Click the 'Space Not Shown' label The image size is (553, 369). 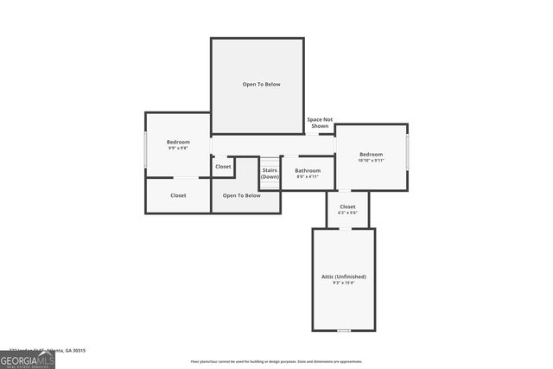coord(320,122)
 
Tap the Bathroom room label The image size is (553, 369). coord(308,170)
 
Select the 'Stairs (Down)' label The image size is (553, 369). coord(270,173)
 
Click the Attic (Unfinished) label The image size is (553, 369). coord(343,277)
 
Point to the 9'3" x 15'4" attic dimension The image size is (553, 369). coord(343,283)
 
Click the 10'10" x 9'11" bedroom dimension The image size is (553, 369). coord(371,160)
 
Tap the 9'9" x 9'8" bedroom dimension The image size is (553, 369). coord(178,148)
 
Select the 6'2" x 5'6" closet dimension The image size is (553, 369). coord(347,213)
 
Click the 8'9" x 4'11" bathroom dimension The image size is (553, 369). coord(308,176)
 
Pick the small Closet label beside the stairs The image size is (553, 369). coord(223,166)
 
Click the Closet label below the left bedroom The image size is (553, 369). coord(178,195)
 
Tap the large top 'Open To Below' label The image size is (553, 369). coord(261,84)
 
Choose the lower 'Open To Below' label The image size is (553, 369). coord(241,195)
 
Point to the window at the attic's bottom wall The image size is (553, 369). coord(344,330)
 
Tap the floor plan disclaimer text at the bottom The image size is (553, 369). coord(276,362)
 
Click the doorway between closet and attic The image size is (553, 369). coord(345,228)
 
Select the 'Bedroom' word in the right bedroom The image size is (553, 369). coord(371,154)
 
